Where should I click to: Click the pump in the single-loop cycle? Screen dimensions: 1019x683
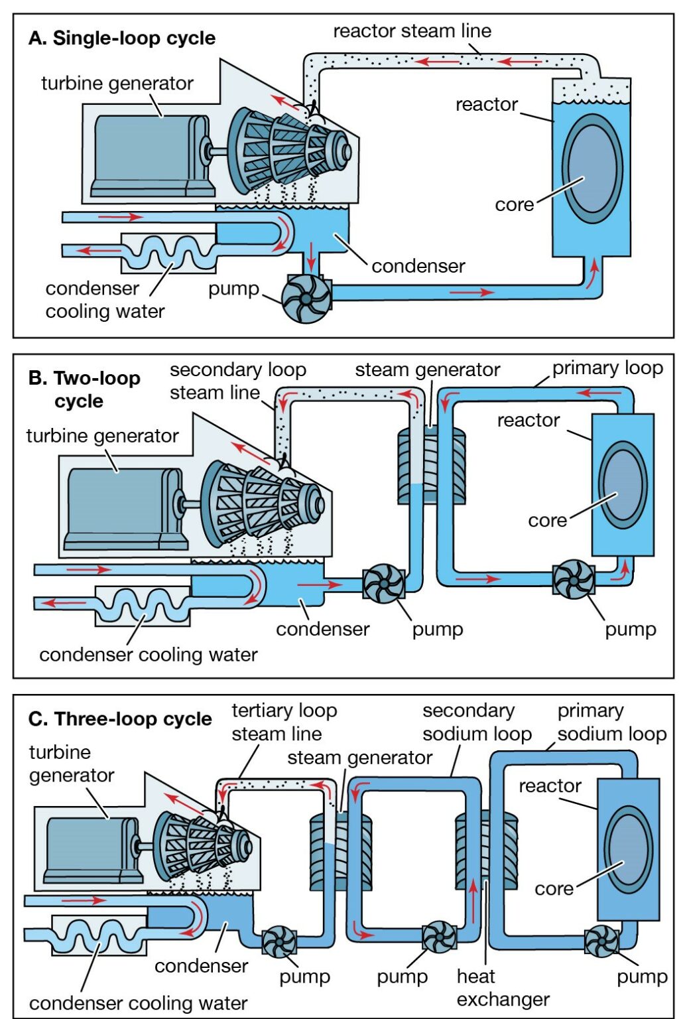306,299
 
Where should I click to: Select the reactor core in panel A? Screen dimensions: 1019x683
592,169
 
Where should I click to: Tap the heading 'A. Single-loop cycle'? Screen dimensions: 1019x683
122,38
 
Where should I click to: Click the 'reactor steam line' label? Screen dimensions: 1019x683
412,31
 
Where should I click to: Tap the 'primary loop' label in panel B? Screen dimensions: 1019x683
607,368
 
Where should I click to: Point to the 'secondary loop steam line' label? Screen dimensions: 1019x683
237,381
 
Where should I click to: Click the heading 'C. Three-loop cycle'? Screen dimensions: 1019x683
120,719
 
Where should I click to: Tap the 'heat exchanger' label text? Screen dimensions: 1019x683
503,987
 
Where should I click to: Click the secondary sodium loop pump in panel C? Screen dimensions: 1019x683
439,937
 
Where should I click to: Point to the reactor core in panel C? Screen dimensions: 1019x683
628,850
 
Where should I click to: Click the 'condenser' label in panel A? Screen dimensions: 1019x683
418,266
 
